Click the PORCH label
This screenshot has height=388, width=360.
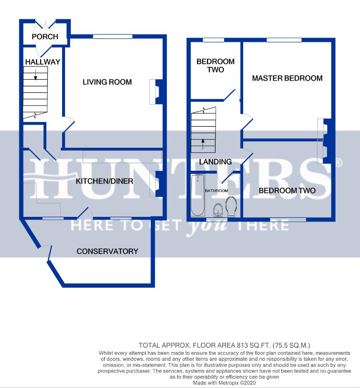tap(45, 37)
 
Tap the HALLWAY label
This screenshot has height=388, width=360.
tap(43, 62)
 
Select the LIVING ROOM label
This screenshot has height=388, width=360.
tap(107, 82)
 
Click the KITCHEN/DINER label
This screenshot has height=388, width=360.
tap(104, 181)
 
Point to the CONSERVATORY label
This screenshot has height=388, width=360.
tap(107, 251)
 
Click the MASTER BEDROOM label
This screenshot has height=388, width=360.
tap(287, 78)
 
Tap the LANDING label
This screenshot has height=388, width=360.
tap(216, 162)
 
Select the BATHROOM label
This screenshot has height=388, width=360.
tap(216, 191)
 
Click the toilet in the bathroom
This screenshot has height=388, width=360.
tap(231, 207)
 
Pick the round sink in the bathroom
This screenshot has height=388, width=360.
tap(218, 210)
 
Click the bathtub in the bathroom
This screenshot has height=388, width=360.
tap(198, 194)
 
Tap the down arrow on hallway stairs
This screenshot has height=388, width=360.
tap(35, 75)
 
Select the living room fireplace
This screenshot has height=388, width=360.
tap(156, 91)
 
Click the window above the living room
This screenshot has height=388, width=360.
tap(113, 37)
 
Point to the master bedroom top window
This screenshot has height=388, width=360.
tap(284, 40)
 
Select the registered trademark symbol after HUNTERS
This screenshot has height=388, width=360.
tap(339, 163)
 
